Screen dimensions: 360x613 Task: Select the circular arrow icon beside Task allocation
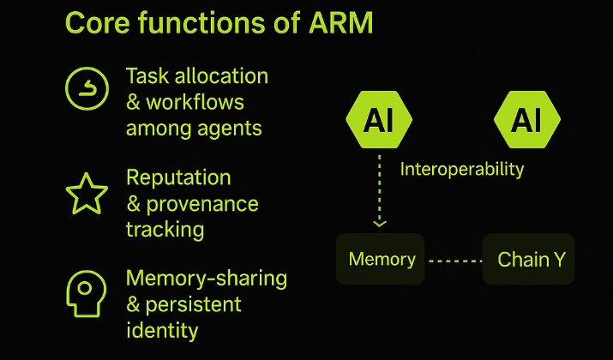point(87,88)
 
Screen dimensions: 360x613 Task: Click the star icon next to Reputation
point(87,195)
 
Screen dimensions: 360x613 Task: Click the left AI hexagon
point(378,121)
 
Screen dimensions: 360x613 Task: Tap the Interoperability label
point(462,169)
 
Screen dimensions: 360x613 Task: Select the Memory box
point(382,259)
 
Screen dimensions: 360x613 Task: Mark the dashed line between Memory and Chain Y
point(454,259)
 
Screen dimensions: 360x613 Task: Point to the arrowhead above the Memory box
point(380,223)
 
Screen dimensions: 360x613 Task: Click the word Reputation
point(178,177)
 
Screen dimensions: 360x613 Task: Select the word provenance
point(202,204)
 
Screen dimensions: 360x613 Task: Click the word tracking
point(165,230)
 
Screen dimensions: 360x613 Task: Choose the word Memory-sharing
point(207,279)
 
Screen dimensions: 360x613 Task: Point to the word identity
point(162,330)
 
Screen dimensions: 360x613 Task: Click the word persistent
point(195,304)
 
